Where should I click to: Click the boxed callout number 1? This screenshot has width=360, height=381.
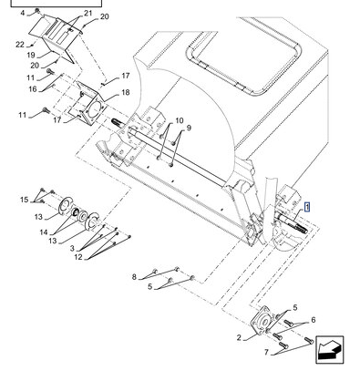pyautogui.click(x=307, y=208)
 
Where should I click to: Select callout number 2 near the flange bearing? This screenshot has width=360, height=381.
pyautogui.click(x=239, y=337)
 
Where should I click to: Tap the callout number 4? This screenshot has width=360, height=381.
pyautogui.click(x=23, y=13)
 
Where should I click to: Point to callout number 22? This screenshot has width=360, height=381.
pyautogui.click(x=20, y=45)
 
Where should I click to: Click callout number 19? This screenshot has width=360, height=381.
pyautogui.click(x=31, y=56)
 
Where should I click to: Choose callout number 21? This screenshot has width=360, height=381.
pyautogui.click(x=87, y=13)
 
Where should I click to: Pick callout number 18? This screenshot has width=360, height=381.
pyautogui.click(x=126, y=92)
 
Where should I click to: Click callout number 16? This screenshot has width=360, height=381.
pyautogui.click(x=33, y=89)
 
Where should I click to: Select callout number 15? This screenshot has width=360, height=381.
pyautogui.click(x=25, y=200)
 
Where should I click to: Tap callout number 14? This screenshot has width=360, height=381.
pyautogui.click(x=44, y=232)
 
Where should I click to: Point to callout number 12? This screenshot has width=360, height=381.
pyautogui.click(x=78, y=257)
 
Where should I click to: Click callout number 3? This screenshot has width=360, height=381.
pyautogui.click(x=72, y=248)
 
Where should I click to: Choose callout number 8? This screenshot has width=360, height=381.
pyautogui.click(x=134, y=277)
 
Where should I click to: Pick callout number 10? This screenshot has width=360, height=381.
pyautogui.click(x=180, y=120)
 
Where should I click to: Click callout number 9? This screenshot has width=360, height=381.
pyautogui.click(x=189, y=128)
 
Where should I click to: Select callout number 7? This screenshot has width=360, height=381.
pyautogui.click(x=266, y=352)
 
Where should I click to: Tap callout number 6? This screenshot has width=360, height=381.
pyautogui.click(x=314, y=320)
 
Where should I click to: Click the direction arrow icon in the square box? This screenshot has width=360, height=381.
pyautogui.click(x=330, y=349)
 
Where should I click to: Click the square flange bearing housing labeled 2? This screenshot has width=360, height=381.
pyautogui.click(x=262, y=321)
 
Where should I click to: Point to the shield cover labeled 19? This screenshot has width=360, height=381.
pyautogui.click(x=57, y=38)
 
